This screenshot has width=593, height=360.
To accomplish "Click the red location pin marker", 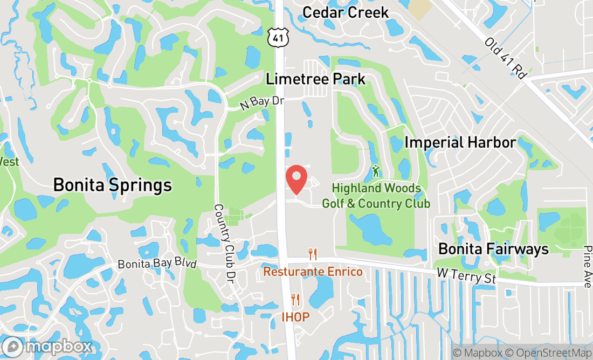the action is tap(296, 179).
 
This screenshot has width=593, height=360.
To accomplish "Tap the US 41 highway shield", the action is tap(278, 37).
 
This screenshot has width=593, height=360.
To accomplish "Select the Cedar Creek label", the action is tap(346, 12).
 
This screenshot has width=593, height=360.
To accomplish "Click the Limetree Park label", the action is tap(315, 79).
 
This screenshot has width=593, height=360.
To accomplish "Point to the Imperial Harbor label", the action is tap(460, 142).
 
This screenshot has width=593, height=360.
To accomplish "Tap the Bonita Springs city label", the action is tap(112, 186).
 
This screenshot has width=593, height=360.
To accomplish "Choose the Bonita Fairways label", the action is tap(493, 248).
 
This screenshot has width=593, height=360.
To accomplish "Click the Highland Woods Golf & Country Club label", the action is tap(376, 196).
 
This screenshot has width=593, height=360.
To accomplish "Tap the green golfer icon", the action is tap(376, 172).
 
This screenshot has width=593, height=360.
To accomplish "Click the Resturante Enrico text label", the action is tap(313, 272).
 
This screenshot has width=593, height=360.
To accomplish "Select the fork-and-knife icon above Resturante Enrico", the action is tap(312, 254).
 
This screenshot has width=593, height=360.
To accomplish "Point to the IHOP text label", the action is tap(295, 317).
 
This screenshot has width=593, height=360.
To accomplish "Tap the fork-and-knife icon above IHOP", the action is tap(295, 300).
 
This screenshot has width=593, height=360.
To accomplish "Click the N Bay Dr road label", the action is tap(261, 102).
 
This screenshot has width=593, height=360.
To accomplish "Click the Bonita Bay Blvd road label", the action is tap(157, 264).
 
